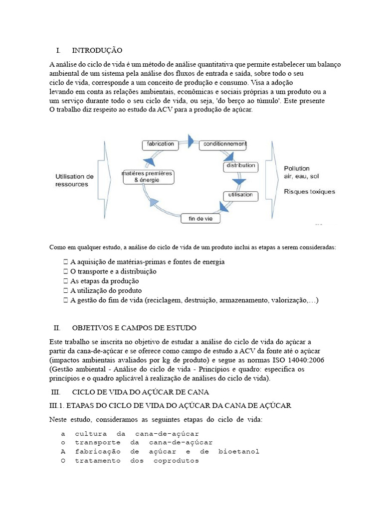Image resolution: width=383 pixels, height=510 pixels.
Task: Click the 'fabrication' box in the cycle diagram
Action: coord(160,144)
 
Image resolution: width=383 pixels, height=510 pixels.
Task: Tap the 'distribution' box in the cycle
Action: coord(241,165)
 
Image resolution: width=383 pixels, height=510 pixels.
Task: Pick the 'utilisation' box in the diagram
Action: coord(240,195)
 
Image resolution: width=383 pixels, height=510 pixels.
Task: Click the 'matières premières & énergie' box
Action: coord(147,176)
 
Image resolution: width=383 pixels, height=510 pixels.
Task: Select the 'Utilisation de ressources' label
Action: coord(74,180)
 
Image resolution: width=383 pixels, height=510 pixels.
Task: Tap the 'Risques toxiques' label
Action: coord(309,191)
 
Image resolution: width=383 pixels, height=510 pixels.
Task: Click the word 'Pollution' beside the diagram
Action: coord(297,168)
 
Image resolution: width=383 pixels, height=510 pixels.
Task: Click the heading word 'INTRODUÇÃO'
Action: coord(97,51)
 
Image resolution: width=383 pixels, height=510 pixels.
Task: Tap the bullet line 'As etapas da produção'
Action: coord(104,281)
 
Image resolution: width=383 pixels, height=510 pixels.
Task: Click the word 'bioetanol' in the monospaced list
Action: coord(238,452)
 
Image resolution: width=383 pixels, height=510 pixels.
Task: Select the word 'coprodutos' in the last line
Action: coord(176,461)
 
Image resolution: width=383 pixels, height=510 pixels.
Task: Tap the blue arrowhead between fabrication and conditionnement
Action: coord(190,139)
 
